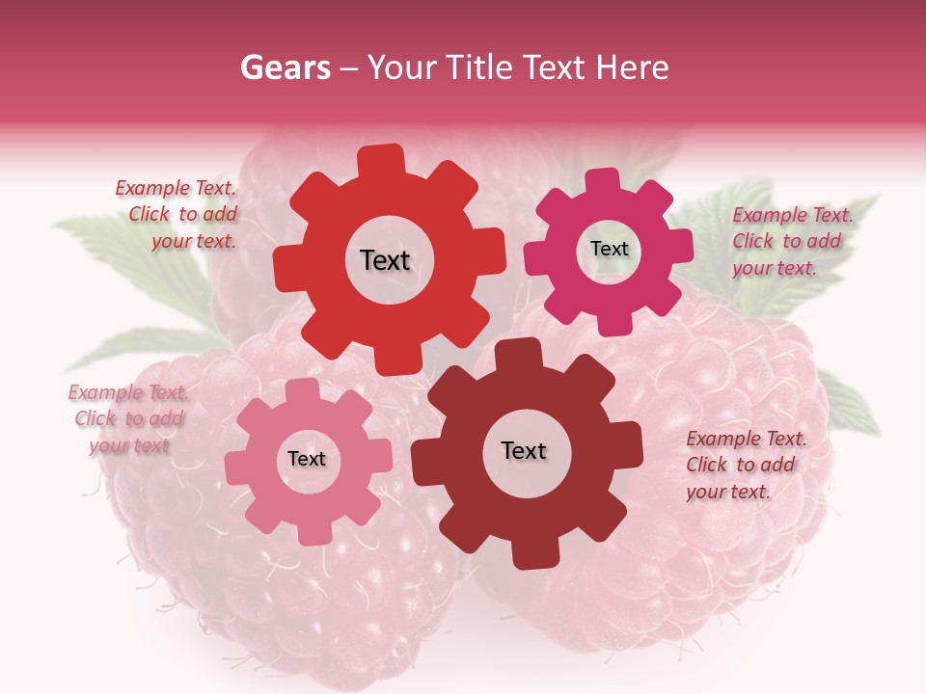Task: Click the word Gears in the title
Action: [x=285, y=67]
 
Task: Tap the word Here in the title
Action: [x=632, y=67]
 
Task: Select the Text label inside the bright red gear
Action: [x=385, y=260]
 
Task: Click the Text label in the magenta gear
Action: [x=609, y=249]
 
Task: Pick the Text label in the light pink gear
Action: [x=307, y=459]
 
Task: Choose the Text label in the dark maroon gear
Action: [x=524, y=450]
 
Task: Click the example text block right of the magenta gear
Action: [x=791, y=241]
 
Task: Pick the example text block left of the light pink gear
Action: [x=128, y=418]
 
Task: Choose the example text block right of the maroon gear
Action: [x=745, y=465]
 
